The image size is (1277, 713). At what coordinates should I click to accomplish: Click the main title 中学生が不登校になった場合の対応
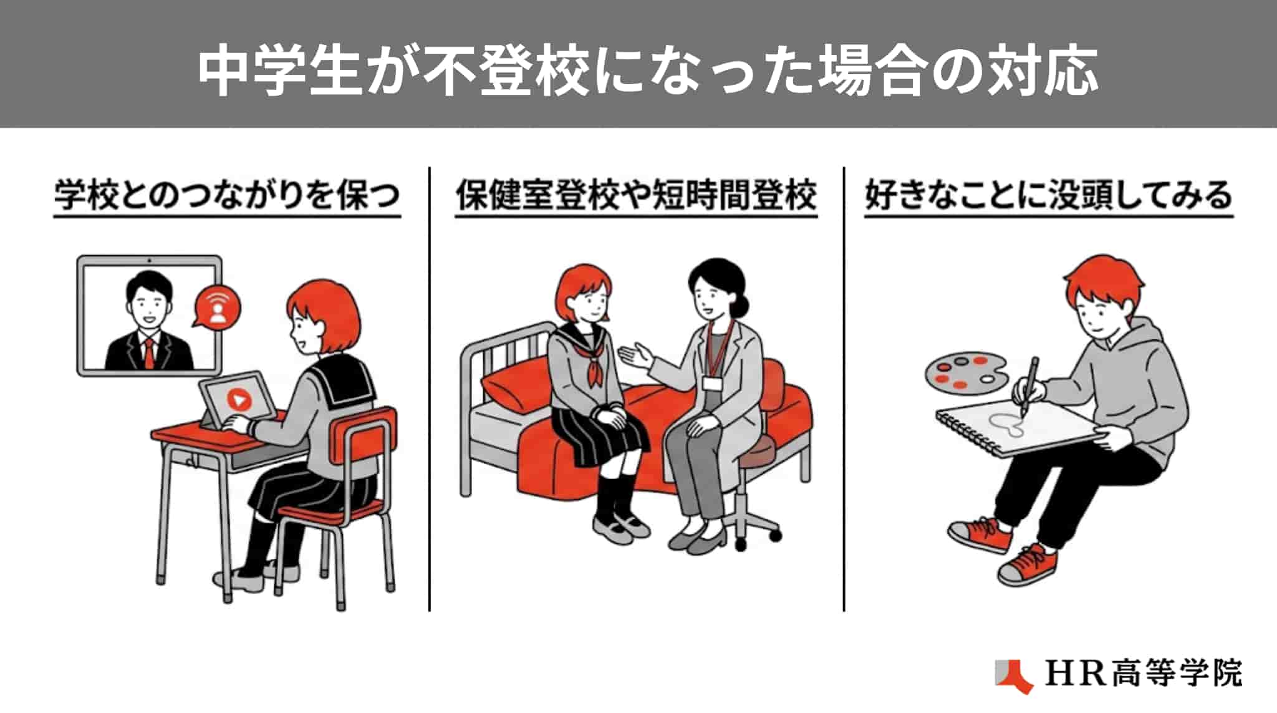[x=648, y=70]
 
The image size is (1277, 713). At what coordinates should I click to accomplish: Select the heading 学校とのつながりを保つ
[x=227, y=195]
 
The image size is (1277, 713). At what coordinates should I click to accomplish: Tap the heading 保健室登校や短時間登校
[x=636, y=195]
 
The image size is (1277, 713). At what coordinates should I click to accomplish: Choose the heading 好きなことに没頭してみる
[x=1049, y=195]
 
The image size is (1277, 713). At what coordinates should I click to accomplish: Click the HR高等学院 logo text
[x=1144, y=674]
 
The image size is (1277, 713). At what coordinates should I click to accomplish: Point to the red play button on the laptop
[x=239, y=399]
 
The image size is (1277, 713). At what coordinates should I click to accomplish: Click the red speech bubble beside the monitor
[x=216, y=306]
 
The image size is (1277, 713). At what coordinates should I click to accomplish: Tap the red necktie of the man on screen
[x=149, y=354]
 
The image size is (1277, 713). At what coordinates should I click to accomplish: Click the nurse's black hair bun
[x=741, y=306]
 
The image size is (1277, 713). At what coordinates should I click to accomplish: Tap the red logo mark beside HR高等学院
[x=1014, y=676]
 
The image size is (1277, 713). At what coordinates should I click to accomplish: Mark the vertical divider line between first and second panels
[x=430, y=389]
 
